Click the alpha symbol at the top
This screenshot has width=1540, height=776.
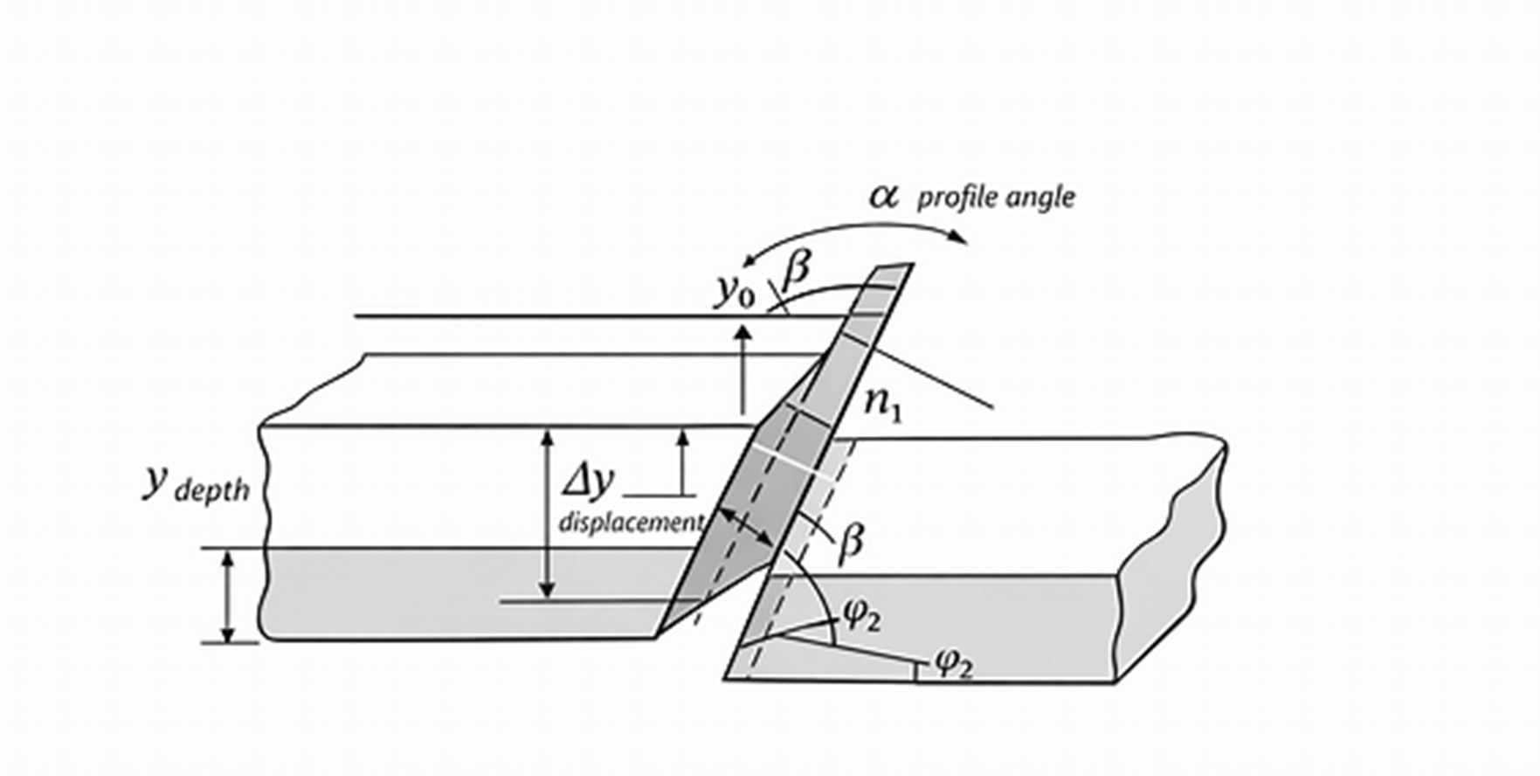(x=883, y=196)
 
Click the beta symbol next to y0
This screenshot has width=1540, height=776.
(x=795, y=273)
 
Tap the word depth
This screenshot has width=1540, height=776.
(x=212, y=492)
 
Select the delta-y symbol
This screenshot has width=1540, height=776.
(x=587, y=482)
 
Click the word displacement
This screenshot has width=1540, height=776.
(x=631, y=523)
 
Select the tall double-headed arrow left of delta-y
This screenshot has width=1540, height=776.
(x=547, y=514)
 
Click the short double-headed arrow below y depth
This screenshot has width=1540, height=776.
(x=228, y=597)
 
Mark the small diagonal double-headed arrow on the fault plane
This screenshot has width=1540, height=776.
(x=744, y=527)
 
